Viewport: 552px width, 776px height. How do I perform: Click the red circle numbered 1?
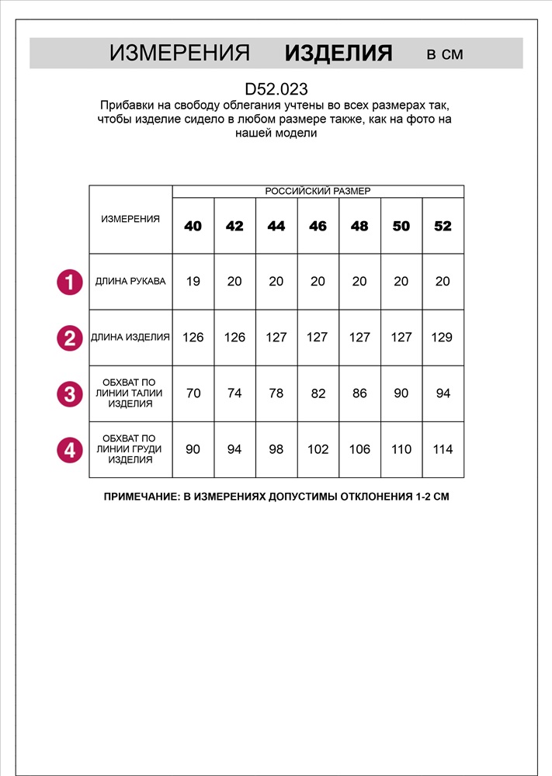coord(70,282)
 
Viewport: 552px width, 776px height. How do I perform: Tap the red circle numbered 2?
coord(70,338)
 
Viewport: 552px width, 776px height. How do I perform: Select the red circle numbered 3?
coord(70,393)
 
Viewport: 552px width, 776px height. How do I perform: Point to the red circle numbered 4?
coord(70,449)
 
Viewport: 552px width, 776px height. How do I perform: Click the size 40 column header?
coord(193,226)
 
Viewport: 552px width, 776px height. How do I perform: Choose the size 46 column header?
coord(318,226)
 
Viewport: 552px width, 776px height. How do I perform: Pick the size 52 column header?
coord(443,226)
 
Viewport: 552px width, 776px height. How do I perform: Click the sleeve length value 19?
coord(193,282)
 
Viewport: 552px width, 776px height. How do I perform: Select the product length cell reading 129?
coord(443,338)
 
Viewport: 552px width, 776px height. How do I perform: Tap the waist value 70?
coord(193,393)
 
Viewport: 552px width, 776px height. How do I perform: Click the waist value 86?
coord(359,393)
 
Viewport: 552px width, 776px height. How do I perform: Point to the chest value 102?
coord(318,449)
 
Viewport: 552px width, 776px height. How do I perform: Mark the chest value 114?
coord(443,449)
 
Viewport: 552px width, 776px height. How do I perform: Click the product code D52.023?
coord(276,89)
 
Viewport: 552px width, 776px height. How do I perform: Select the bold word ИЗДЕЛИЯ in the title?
coord(338,54)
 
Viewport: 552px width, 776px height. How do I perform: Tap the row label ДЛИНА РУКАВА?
coord(130,281)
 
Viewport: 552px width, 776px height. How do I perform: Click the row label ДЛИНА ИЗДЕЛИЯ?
coord(130,338)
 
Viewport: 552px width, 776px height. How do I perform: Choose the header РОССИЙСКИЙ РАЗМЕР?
coord(318,191)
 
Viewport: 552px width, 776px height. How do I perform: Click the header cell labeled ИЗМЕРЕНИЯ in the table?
coord(130,220)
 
